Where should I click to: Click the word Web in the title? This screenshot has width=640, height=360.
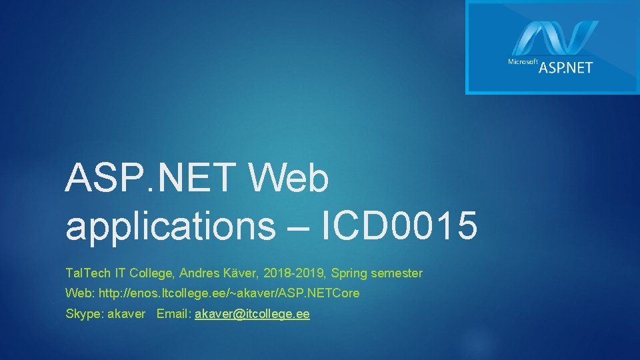coord(289,179)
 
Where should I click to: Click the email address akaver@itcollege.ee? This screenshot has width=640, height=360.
coord(251,313)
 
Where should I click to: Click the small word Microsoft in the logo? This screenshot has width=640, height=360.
coord(523,62)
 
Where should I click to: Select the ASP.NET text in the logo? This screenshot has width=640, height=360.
coord(565,67)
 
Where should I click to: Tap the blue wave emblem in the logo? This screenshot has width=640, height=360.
coord(555,38)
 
